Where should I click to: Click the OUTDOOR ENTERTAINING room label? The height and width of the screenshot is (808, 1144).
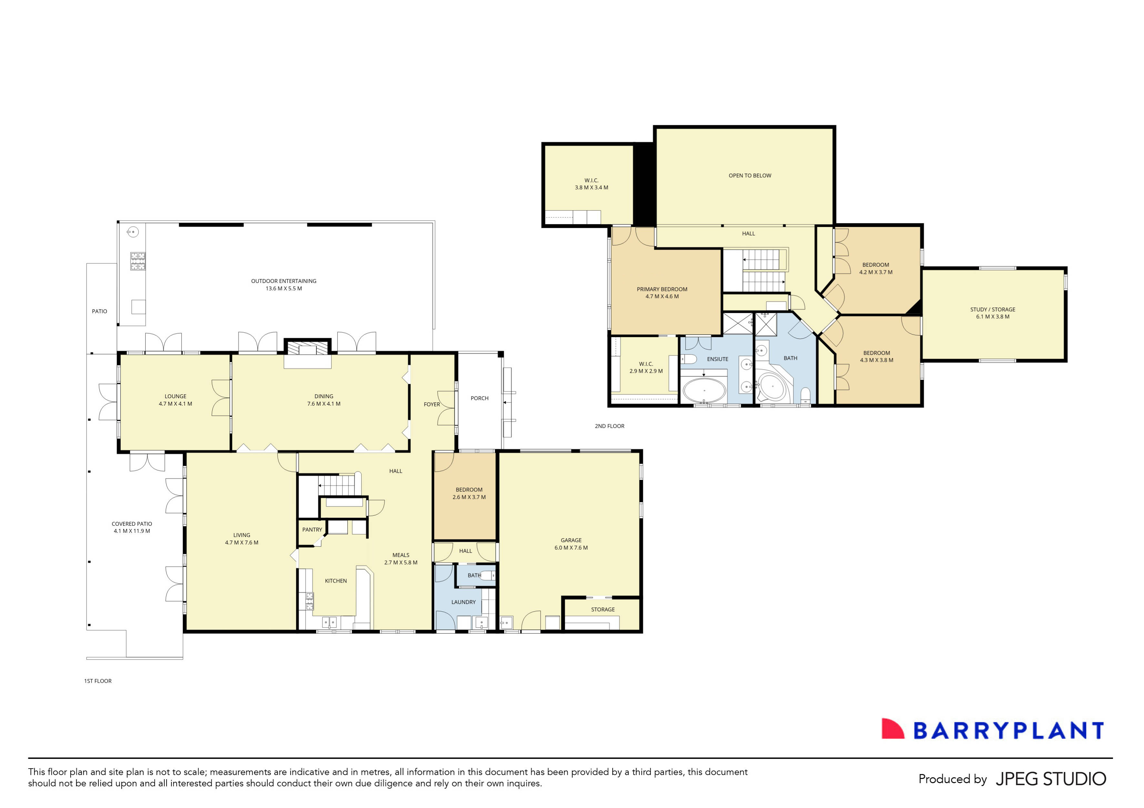(x=283, y=281)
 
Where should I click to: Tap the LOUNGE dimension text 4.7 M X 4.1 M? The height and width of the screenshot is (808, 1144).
(x=175, y=404)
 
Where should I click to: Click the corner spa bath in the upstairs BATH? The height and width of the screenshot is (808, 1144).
(x=772, y=386)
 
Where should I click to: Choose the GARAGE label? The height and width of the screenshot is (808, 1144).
(x=571, y=540)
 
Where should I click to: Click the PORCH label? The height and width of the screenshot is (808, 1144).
(x=479, y=398)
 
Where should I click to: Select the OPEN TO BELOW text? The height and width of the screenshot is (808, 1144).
(x=750, y=175)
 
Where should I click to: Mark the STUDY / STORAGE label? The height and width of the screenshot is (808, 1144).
(x=993, y=310)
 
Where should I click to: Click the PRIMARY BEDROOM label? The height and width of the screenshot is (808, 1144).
(x=662, y=289)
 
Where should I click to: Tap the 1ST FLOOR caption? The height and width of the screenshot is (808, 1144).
(x=98, y=681)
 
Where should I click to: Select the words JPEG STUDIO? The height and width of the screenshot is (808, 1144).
(x=1051, y=779)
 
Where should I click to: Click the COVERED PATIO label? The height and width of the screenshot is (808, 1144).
(x=131, y=524)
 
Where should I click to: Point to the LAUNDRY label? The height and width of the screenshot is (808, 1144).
(x=464, y=602)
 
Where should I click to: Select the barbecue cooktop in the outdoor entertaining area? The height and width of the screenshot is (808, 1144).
(x=138, y=261)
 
